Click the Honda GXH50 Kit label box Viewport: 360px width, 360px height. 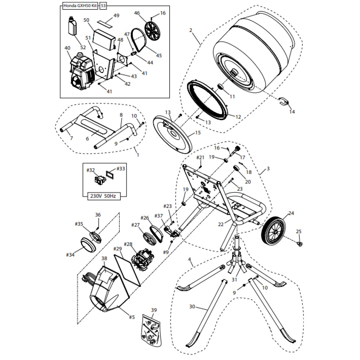click(80, 6)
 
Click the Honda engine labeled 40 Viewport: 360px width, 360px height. click(80, 72)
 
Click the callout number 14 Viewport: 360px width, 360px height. click(292, 112)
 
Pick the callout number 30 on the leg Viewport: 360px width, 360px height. click(192, 307)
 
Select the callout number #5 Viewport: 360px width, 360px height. click(131, 317)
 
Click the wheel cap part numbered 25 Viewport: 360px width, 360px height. click(300, 243)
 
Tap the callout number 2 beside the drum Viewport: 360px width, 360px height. click(191, 30)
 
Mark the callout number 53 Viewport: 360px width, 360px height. click(103, 6)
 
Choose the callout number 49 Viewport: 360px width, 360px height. click(116, 15)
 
